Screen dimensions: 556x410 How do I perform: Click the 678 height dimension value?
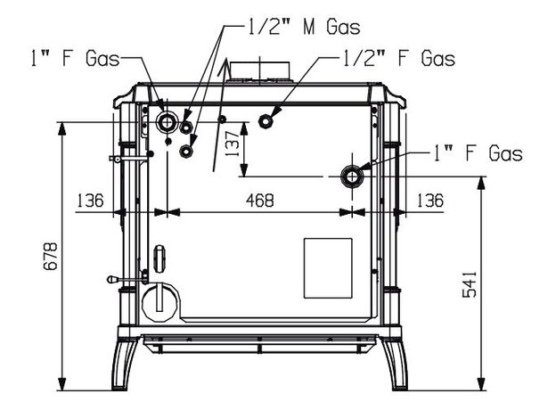tap(51, 257)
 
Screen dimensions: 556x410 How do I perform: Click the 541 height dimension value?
tap(470, 284)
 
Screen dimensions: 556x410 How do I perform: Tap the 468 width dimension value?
tap(260, 201)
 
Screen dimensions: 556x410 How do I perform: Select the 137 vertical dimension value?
tap(233, 143)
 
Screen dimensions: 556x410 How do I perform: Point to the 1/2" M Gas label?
tap(304, 27)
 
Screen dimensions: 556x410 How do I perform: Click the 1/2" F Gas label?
tap(398, 58)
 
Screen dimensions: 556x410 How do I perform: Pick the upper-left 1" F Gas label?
tap(75, 58)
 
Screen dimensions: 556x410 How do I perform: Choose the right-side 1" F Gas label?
tap(478, 153)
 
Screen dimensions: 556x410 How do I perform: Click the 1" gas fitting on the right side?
tap(352, 176)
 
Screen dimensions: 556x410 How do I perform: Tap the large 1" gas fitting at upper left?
tap(166, 122)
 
